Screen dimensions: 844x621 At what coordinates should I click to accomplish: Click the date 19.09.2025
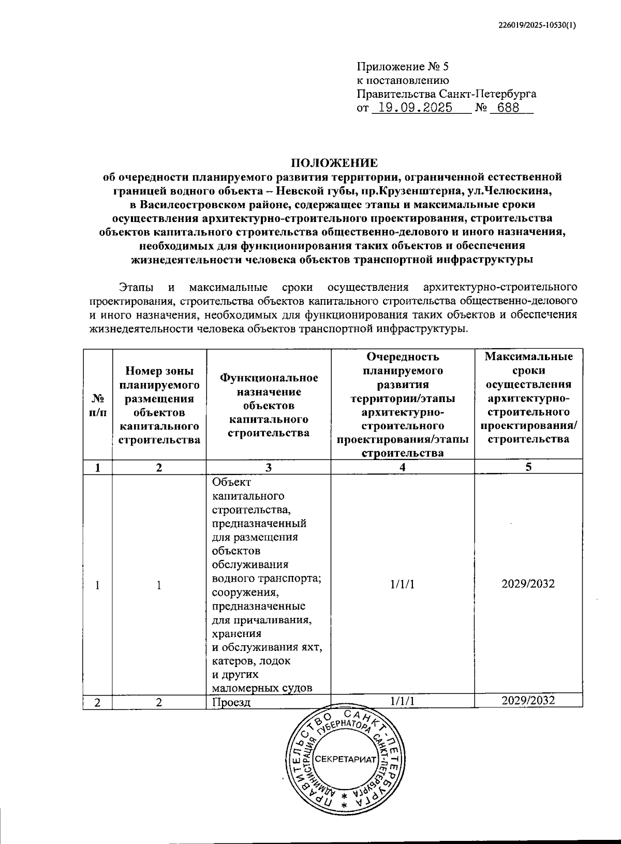[x=415, y=108]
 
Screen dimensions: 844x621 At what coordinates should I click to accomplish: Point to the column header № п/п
[x=98, y=406]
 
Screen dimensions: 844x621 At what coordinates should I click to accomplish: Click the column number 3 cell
[x=268, y=467]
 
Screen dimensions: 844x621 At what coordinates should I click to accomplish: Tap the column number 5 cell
[x=528, y=467]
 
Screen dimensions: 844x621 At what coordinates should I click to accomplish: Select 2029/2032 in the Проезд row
[x=528, y=701]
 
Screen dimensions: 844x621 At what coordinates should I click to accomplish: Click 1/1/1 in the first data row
[x=402, y=584]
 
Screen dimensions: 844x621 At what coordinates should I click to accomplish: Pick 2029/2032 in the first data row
[x=528, y=584]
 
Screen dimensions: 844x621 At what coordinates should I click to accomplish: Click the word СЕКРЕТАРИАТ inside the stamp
[x=345, y=759]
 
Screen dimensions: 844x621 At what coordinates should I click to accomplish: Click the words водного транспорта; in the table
[x=267, y=578]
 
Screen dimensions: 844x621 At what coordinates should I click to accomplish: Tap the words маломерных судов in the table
[x=262, y=688]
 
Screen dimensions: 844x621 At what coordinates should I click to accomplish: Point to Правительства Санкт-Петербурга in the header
[x=446, y=94]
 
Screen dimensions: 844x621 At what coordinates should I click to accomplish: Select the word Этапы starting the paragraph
[x=134, y=288]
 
